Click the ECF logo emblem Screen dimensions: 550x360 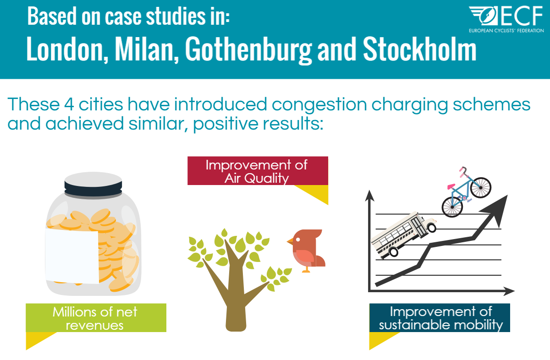pyautogui.click(x=484, y=16)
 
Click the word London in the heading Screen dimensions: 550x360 pyautogui.click(x=67, y=49)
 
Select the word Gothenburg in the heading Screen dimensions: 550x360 pyautogui.click(x=248, y=50)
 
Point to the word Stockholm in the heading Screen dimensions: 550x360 pyautogui.click(x=420, y=49)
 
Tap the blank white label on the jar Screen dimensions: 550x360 pyautogui.click(x=72, y=256)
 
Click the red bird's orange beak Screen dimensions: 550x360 pyautogui.click(x=290, y=241)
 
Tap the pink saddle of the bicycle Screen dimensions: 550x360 pyautogui.click(x=451, y=186)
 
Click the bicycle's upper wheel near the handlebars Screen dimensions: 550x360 pyautogui.click(x=480, y=187)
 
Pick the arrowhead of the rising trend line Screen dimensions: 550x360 pyautogui.click(x=495, y=210)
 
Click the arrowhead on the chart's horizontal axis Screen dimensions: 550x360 pyautogui.click(x=508, y=291)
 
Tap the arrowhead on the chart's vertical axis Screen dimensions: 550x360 pyautogui.click(x=369, y=196)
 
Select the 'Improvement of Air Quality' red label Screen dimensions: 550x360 pyautogui.click(x=258, y=171)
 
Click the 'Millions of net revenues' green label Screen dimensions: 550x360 pyautogui.click(x=96, y=318)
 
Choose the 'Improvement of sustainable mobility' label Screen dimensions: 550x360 pyautogui.click(x=440, y=318)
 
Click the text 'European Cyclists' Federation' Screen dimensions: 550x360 pyautogui.click(x=506, y=31)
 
